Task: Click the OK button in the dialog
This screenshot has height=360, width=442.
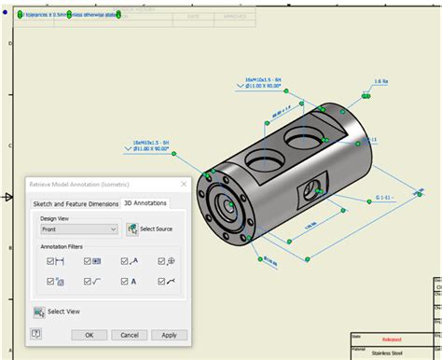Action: pos(90,335)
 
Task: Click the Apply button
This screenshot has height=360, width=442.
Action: pos(169,335)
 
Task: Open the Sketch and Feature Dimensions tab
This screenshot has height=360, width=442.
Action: pos(76,202)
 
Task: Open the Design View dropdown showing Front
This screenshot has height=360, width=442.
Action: pos(79,228)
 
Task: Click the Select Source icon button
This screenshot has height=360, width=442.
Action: pos(132,228)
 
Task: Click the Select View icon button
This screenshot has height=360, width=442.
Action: pos(39,312)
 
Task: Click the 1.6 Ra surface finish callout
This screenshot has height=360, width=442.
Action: pos(380,82)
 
